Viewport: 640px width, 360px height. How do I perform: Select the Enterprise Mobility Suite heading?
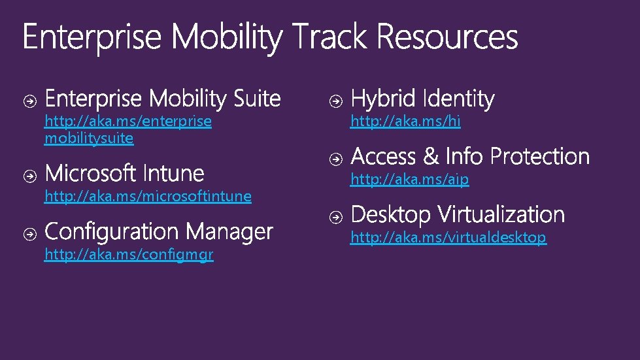point(163,99)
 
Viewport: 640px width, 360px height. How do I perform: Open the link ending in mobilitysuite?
point(89,139)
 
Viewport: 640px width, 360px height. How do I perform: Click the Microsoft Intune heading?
point(125,174)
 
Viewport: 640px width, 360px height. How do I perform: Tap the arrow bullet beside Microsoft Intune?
point(30,175)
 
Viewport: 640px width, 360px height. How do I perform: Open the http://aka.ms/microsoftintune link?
point(148,196)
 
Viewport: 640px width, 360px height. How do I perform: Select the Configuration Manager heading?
point(159,231)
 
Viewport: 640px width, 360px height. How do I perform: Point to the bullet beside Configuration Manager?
point(30,233)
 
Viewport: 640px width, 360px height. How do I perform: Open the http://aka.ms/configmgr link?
point(129,254)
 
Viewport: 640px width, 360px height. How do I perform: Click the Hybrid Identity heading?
point(423,99)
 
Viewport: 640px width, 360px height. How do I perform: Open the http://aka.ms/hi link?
point(405,121)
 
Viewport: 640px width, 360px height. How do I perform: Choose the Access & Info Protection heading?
point(470,157)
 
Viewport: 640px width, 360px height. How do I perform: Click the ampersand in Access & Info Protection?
point(430,157)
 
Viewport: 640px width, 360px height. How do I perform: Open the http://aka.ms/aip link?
point(410,179)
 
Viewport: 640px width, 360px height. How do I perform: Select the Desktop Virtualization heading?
point(458,214)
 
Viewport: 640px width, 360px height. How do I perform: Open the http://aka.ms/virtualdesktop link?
point(448,237)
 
